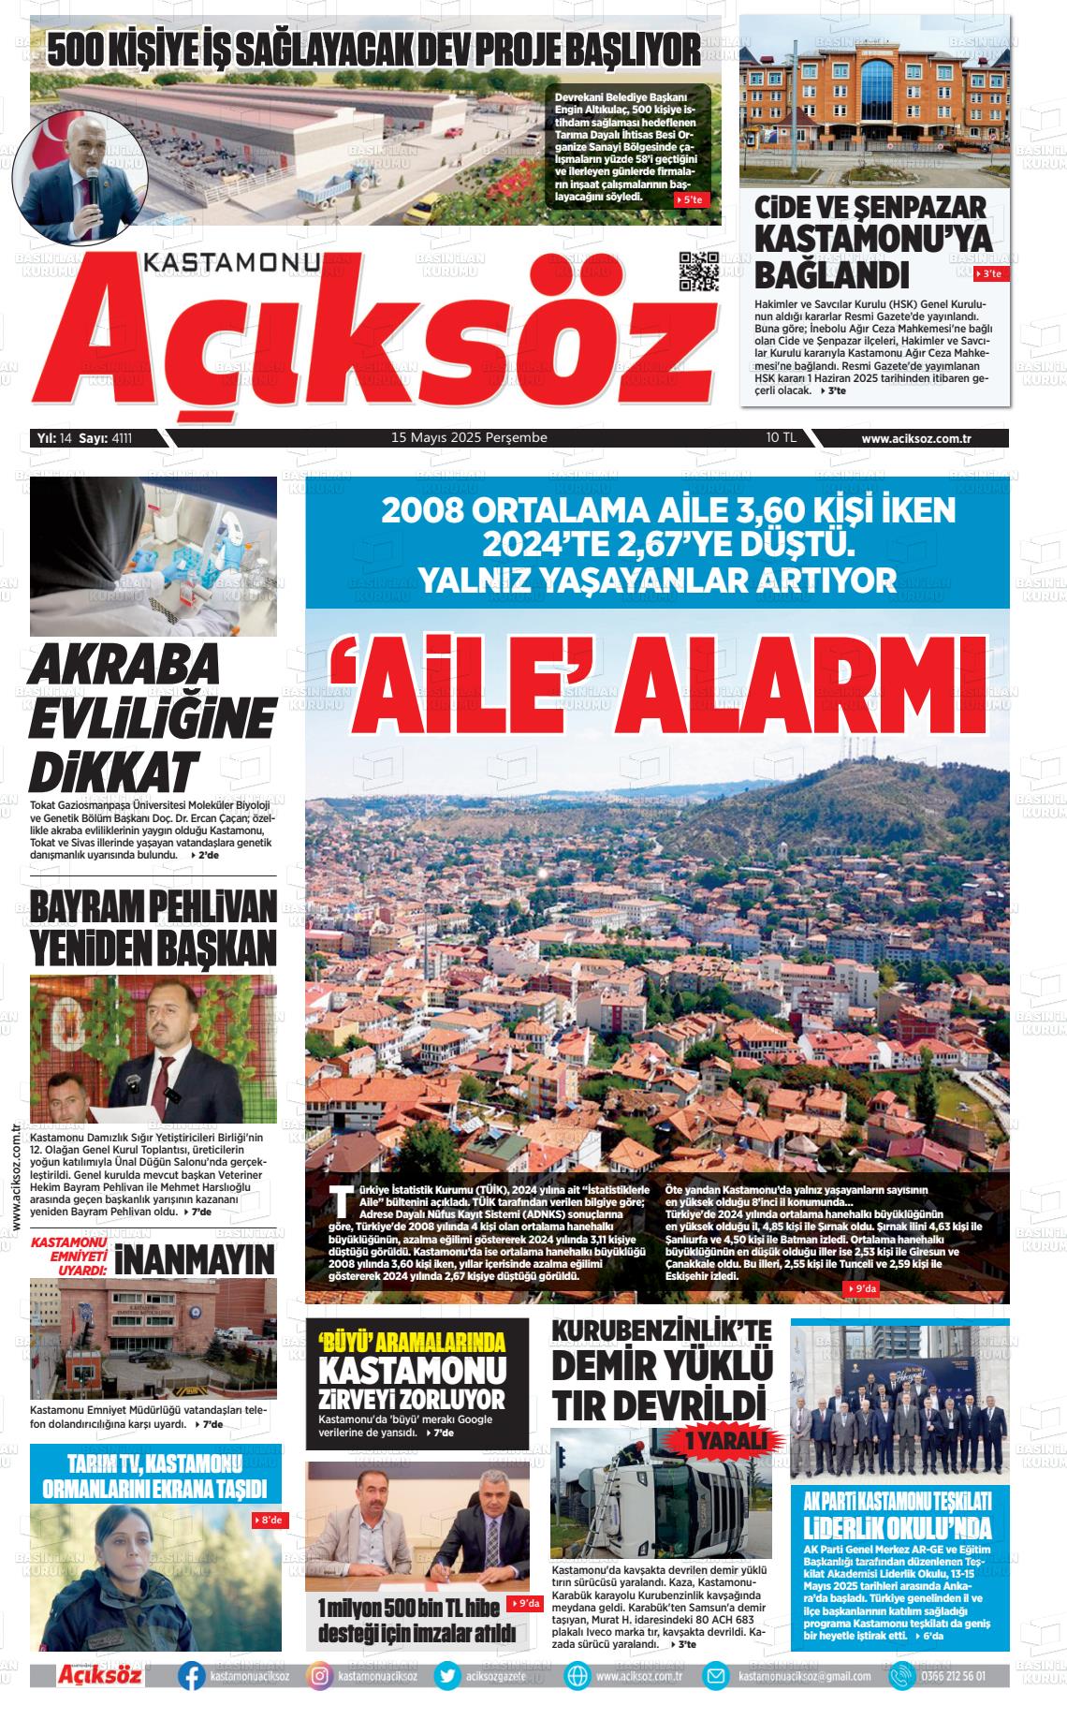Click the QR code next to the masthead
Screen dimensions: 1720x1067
(699, 272)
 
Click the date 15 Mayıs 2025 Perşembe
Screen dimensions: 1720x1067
(469, 437)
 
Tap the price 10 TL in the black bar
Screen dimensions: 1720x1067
(781, 437)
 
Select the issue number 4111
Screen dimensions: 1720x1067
(122, 437)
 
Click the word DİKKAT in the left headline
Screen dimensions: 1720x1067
(113, 773)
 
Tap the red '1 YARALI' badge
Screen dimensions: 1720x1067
(724, 1440)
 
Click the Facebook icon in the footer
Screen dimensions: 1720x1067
(192, 1676)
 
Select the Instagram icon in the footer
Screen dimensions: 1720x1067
(319, 1676)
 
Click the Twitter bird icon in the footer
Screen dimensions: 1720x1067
(448, 1676)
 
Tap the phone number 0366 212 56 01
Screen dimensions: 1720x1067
(953, 1676)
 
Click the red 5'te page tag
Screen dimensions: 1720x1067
(693, 199)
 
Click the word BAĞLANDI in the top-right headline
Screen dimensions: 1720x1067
(832, 274)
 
